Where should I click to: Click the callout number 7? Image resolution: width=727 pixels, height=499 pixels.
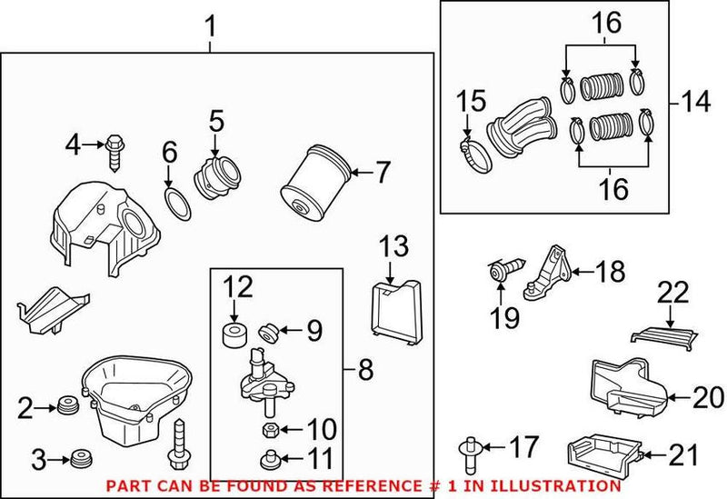(382, 171)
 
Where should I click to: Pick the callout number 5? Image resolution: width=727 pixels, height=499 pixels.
(214, 120)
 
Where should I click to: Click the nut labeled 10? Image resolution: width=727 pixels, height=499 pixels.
(270, 428)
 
